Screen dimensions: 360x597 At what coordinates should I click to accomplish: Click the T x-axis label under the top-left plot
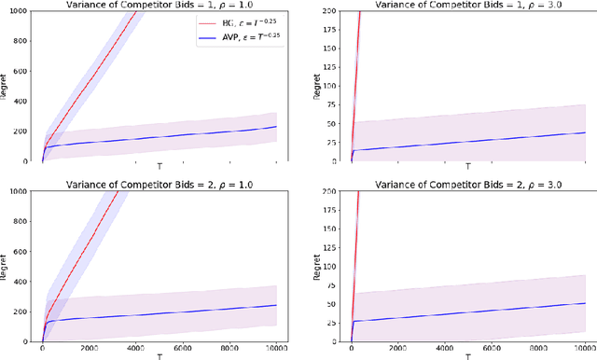click(x=159, y=166)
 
